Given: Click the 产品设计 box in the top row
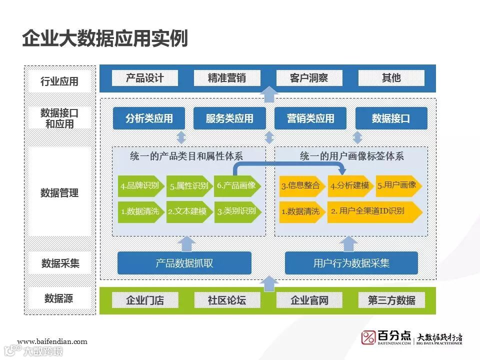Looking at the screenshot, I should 144,78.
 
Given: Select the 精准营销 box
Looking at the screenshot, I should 227,78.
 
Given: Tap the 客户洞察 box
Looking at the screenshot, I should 309,78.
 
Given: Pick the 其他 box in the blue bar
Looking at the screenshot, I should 391,78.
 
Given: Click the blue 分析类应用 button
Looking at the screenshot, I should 149,118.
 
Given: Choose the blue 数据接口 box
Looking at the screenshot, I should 391,118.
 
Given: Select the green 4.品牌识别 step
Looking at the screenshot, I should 140,186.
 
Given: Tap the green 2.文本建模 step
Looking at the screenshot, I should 187,211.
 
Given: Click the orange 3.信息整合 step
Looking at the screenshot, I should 300,186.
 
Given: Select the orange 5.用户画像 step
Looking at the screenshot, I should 397,185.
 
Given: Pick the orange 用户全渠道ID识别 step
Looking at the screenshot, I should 373,211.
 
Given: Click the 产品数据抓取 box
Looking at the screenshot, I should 184,263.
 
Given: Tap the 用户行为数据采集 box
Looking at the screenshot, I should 351,263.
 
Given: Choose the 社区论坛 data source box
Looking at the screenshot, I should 227,300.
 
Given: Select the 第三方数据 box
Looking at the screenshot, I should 391,300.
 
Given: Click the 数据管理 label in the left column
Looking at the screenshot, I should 59,192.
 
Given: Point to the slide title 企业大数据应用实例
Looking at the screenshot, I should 104,38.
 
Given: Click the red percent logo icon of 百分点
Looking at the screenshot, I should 368,337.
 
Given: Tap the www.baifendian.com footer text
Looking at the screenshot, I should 52,342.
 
